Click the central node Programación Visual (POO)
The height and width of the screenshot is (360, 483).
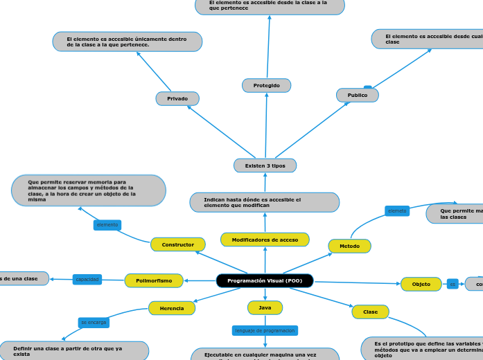(265, 280)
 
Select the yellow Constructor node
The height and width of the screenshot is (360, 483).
(178, 244)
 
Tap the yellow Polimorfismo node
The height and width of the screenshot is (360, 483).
(154, 280)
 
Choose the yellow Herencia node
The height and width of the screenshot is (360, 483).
(172, 308)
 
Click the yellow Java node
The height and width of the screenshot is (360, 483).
(265, 307)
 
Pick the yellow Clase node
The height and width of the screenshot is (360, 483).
(371, 312)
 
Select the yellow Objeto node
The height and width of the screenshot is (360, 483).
(421, 284)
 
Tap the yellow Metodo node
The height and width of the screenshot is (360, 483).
(349, 246)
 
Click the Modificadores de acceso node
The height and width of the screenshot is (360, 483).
(265, 240)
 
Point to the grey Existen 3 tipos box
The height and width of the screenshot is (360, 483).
(265, 165)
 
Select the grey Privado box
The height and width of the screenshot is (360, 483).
(177, 99)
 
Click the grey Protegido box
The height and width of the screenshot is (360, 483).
(266, 85)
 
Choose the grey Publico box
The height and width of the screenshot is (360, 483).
(358, 95)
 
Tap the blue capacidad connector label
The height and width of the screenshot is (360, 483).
(87, 279)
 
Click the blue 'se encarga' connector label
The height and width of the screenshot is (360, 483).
(94, 323)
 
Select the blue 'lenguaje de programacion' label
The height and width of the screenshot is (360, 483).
(265, 331)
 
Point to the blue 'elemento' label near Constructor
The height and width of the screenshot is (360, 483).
(107, 225)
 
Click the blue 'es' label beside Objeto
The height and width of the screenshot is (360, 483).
(453, 284)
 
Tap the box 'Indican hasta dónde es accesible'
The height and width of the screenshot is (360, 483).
(265, 202)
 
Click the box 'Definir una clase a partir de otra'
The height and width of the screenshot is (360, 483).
(73, 350)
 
